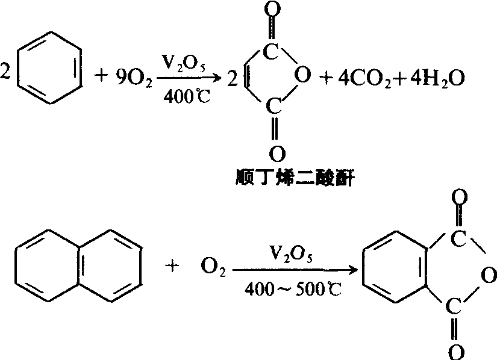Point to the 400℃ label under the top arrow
[x=187, y=96]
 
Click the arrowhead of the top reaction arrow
[x=217, y=78]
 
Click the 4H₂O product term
[x=437, y=78]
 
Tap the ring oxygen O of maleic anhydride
[x=302, y=75]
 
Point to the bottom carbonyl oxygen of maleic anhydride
[x=277, y=154]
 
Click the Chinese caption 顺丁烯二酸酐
[x=295, y=178]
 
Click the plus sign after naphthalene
[x=172, y=266]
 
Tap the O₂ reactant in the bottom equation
[x=213, y=267]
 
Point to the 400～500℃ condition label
[x=293, y=288]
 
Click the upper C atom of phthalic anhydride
[x=458, y=239]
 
